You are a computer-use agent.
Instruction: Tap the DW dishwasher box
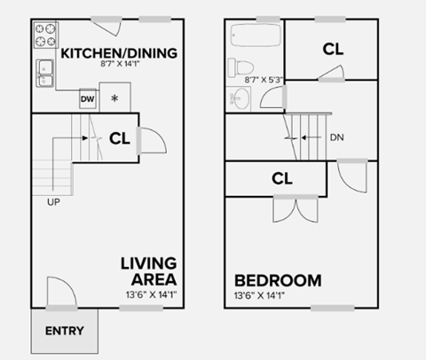(x=87, y=98)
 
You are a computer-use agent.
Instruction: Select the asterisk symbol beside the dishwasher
(x=114, y=98)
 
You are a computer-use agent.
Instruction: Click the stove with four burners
(x=45, y=35)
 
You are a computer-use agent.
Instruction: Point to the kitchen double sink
(x=45, y=74)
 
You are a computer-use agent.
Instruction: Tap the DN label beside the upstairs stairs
(x=336, y=137)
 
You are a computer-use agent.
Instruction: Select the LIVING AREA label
(x=149, y=272)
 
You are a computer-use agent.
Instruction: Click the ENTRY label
(x=66, y=332)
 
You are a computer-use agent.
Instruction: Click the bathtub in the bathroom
(x=257, y=37)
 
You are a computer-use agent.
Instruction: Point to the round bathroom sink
(x=240, y=100)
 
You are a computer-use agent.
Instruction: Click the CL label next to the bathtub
(x=333, y=50)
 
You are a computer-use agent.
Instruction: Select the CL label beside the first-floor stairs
(x=120, y=137)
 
